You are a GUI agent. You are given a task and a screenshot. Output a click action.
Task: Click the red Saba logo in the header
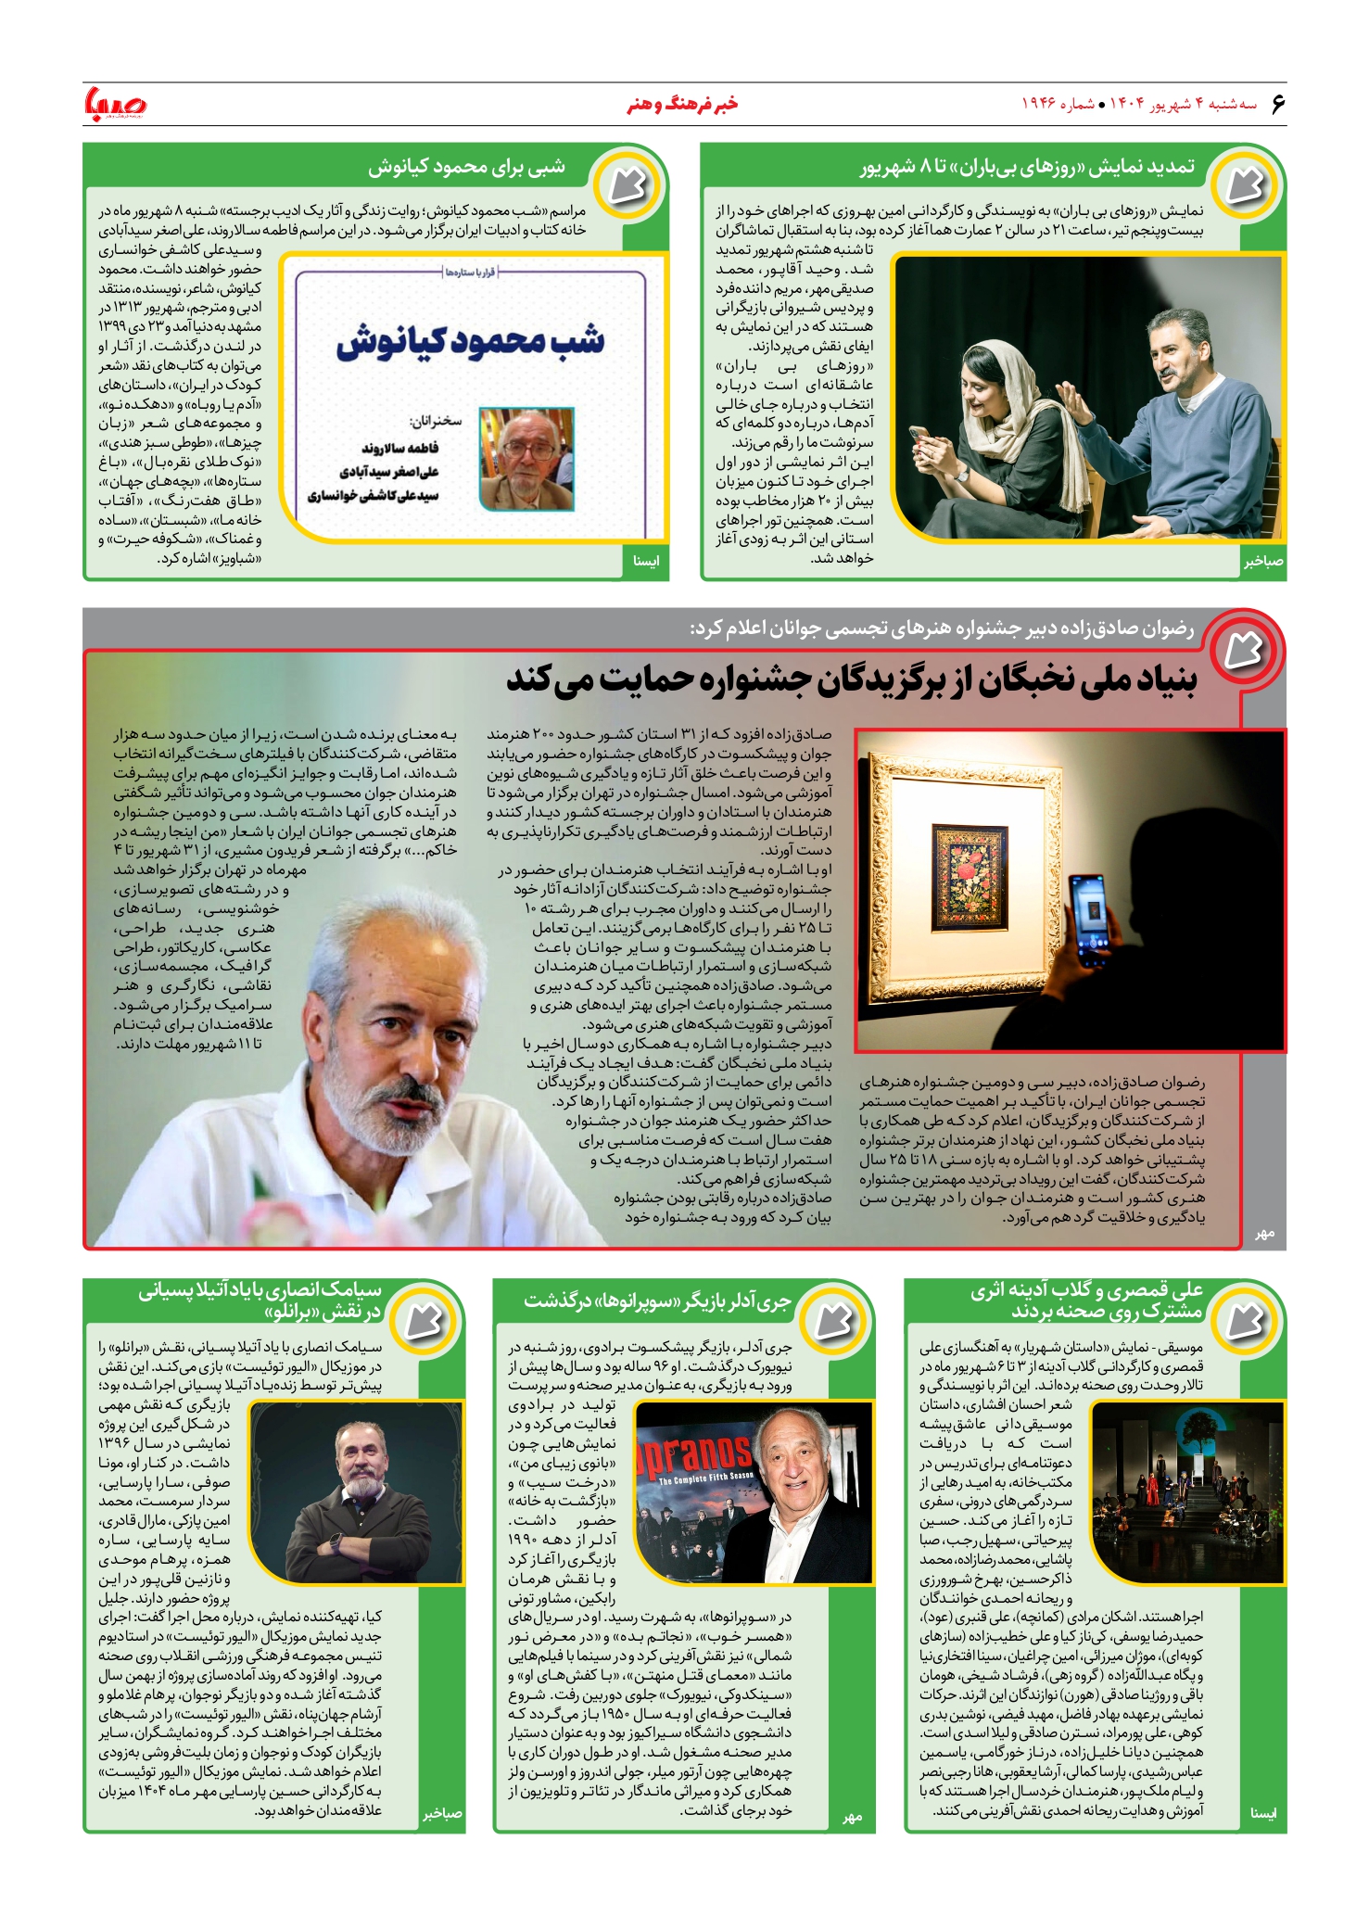point(115,104)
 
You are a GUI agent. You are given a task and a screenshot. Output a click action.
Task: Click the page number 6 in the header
point(1276,103)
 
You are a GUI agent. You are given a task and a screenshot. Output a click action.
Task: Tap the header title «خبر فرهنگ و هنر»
point(683,104)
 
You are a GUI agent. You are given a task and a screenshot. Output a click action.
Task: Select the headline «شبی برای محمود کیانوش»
point(466,168)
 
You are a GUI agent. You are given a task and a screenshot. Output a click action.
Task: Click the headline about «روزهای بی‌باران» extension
point(1027,168)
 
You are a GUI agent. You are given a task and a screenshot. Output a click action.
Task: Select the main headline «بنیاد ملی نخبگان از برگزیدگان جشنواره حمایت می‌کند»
point(851,679)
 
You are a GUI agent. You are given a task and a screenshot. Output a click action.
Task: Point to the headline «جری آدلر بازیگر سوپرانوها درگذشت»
point(657,1301)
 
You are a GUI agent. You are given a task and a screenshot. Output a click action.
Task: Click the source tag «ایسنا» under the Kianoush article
point(645,562)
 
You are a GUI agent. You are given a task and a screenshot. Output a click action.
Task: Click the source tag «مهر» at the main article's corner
point(1264,1233)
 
